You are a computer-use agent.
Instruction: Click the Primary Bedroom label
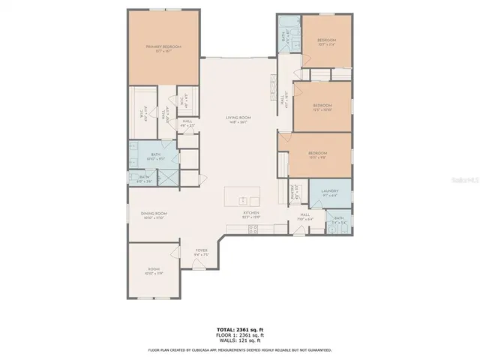[x=163, y=49]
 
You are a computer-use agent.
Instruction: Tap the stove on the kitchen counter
[x=252, y=228]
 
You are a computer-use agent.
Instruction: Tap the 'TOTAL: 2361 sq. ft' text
[x=239, y=329]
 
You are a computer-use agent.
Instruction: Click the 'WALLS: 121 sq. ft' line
[x=239, y=340]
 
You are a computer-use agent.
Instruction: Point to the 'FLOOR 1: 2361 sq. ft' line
[x=239, y=334]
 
